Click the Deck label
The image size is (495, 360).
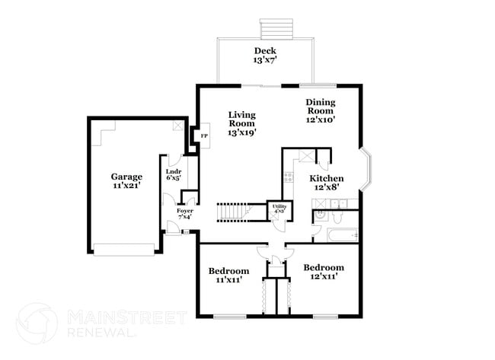pyautogui.click(x=265, y=51)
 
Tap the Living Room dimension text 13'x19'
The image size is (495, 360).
pyautogui.click(x=241, y=132)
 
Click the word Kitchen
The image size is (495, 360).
pyautogui.click(x=326, y=179)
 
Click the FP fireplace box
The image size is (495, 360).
pyautogui.click(x=203, y=136)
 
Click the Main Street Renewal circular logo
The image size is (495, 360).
pyautogui.click(x=37, y=324)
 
